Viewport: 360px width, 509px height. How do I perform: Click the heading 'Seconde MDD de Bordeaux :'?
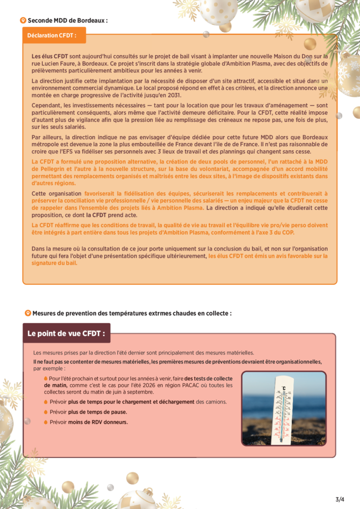click(x=68, y=21)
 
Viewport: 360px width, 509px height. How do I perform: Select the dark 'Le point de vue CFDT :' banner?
click(x=66, y=334)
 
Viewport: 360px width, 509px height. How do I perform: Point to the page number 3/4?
click(x=340, y=499)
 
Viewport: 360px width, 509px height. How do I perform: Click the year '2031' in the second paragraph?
click(x=174, y=95)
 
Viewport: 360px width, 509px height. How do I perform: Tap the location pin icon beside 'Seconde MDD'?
click(x=22, y=20)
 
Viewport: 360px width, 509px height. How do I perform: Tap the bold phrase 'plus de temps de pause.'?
click(x=97, y=412)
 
